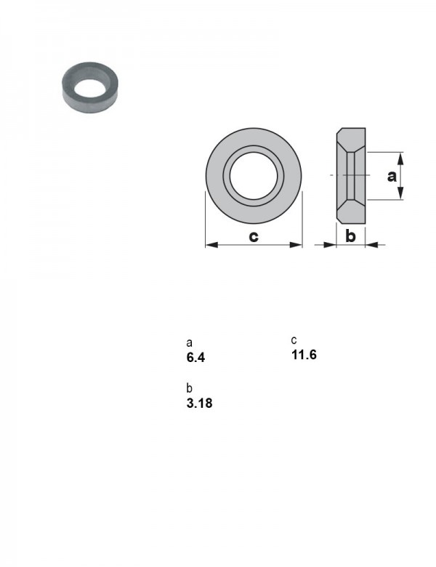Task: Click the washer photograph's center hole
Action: click(x=90, y=89)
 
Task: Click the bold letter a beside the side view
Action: click(x=392, y=176)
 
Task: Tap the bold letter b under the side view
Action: click(x=350, y=236)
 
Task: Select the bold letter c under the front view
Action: click(x=254, y=236)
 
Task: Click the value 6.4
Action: click(x=195, y=357)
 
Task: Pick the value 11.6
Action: click(x=304, y=355)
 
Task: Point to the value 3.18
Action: click(x=199, y=403)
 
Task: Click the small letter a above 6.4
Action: click(x=189, y=343)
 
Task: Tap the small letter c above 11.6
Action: click(x=294, y=340)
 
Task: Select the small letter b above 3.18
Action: click(x=189, y=388)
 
